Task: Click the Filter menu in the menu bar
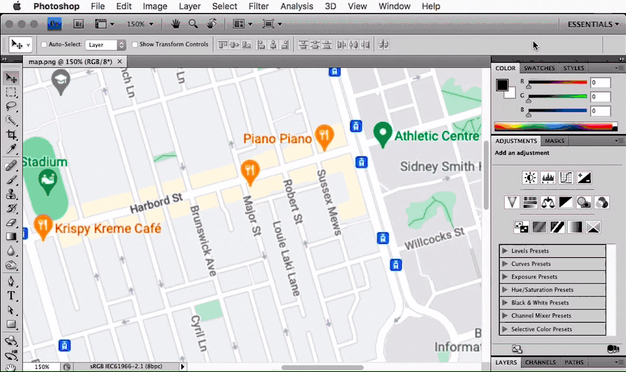click(259, 7)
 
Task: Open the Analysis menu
click(297, 7)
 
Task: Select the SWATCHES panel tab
click(539, 68)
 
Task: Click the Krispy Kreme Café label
click(108, 229)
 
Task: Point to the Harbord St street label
click(155, 204)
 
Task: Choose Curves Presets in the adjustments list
click(531, 264)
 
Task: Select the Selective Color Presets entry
click(541, 329)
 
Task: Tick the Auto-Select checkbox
click(44, 45)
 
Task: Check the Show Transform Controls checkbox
click(135, 45)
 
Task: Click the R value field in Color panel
click(600, 83)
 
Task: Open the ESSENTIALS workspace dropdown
click(593, 24)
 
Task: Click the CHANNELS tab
click(541, 362)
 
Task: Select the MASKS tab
click(554, 141)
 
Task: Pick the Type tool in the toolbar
click(11, 295)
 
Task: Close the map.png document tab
click(119, 61)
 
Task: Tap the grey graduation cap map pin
click(61, 81)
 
